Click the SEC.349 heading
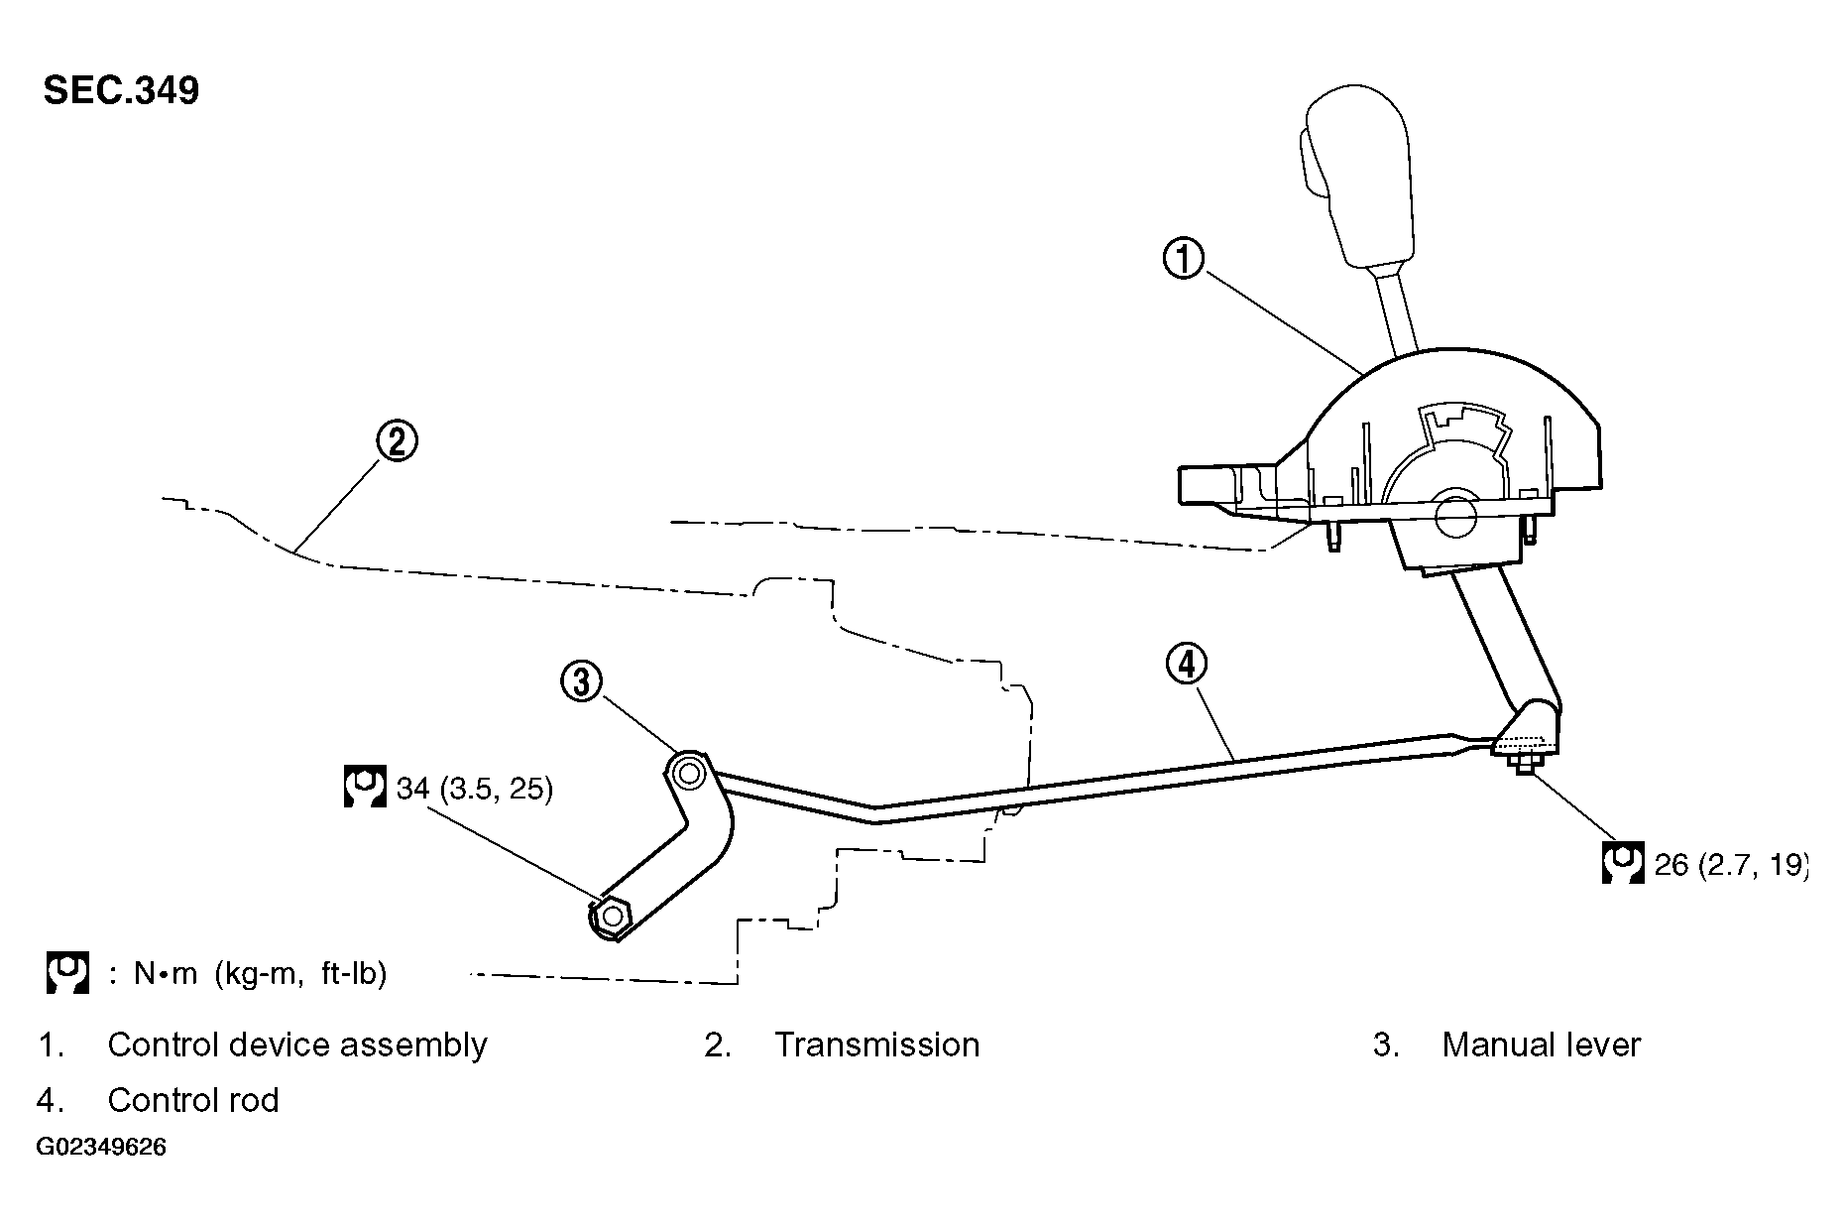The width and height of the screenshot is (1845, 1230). click(x=121, y=90)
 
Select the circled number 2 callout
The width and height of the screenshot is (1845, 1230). click(x=397, y=441)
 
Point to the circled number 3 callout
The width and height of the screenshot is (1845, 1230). click(x=582, y=682)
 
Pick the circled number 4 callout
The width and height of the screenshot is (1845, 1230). click(x=1187, y=665)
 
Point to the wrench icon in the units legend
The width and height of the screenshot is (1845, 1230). click(x=67, y=973)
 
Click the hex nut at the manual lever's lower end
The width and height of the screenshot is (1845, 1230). click(x=612, y=915)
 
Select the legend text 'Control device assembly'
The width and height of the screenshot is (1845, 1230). click(x=297, y=1045)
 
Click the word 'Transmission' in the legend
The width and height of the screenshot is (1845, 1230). click(x=877, y=1045)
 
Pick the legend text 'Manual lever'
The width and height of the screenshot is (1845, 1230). click(x=1542, y=1045)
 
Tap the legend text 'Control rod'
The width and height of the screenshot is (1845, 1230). click(x=193, y=1100)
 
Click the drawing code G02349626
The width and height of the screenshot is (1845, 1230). click(x=102, y=1148)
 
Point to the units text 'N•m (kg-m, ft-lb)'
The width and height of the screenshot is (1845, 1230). click(x=261, y=974)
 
